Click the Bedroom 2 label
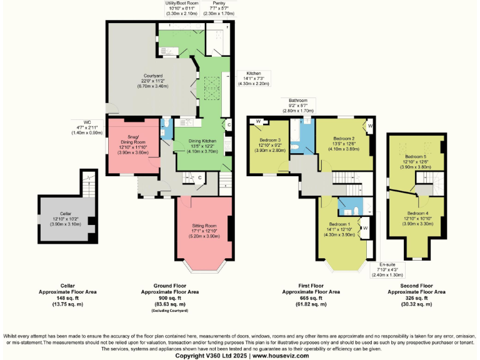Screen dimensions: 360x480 click(344, 138)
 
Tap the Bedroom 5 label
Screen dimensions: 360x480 click(416, 157)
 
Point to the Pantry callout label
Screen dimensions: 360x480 click(218, 3)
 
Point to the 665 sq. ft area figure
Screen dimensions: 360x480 click(311, 298)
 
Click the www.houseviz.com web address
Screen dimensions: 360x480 click(281, 355)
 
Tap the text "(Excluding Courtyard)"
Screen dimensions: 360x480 click(170, 311)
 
